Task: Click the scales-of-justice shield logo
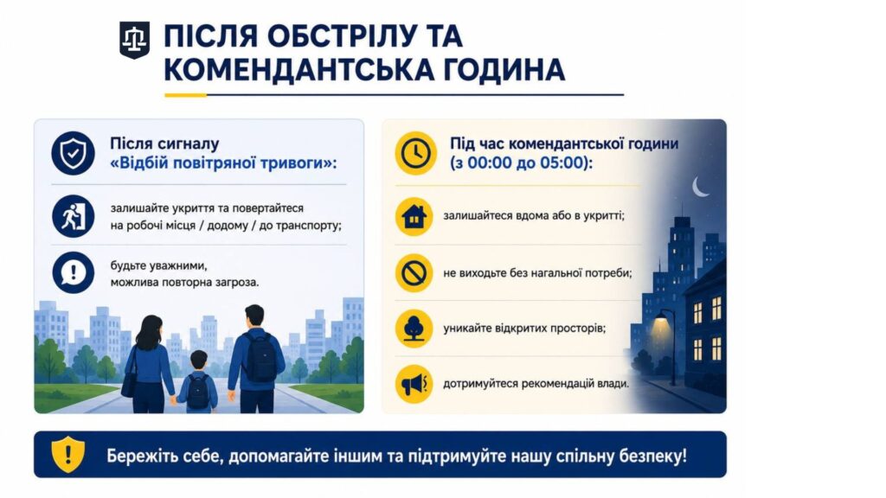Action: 134,40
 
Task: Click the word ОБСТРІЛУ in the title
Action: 337,36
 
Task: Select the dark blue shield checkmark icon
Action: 73,153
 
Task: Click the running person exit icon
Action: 73,216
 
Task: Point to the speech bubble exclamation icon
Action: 73,272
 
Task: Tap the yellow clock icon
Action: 416,153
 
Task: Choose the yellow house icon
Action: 414,216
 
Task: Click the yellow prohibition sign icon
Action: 414,272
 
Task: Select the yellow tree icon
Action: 414,328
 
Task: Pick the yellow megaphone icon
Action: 414,385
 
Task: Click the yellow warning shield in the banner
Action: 68,454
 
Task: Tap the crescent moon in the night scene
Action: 699,187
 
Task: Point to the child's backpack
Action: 198,392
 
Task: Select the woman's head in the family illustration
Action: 149,331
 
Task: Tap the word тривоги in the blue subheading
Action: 301,163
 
